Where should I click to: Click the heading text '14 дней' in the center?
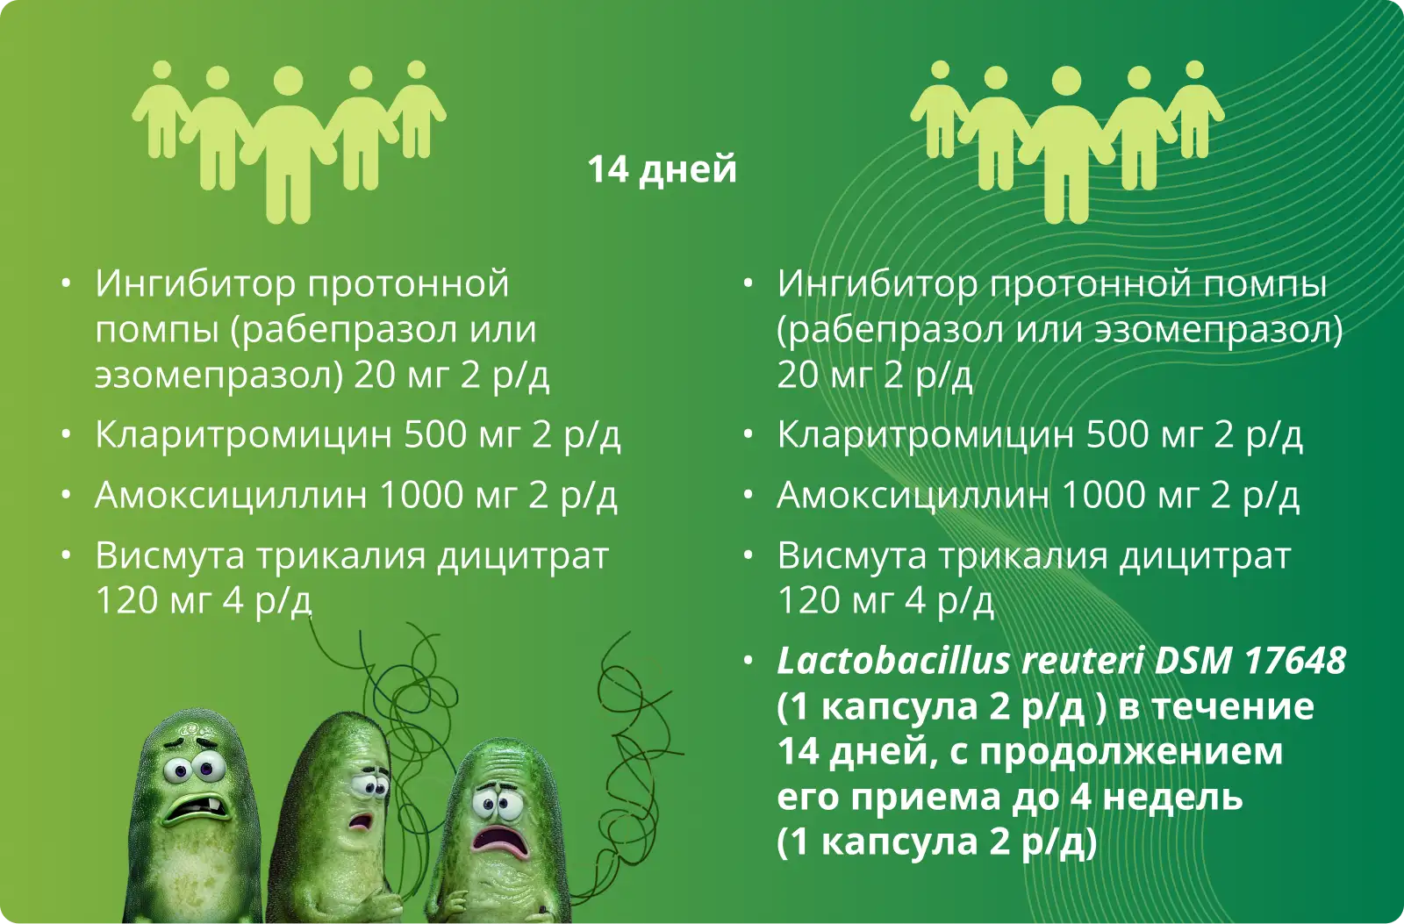(662, 169)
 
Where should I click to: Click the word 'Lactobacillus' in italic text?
(894, 661)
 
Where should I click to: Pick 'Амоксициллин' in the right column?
(913, 495)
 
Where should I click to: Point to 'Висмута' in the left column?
(170, 556)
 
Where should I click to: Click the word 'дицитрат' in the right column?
(1205, 556)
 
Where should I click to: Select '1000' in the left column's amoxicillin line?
(421, 495)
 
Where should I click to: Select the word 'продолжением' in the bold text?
(1131, 752)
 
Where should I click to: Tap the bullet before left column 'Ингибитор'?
(66, 283)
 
